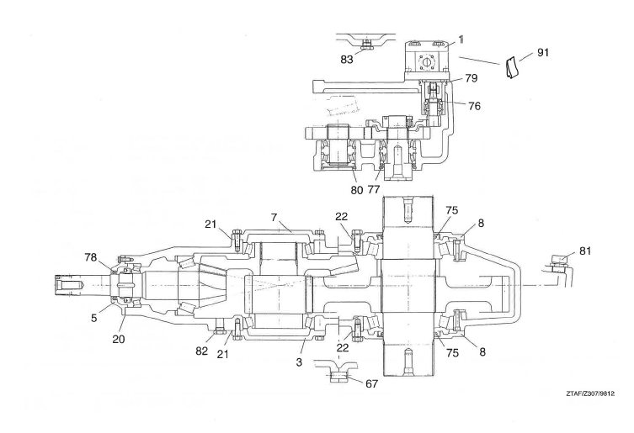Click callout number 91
(x=542, y=52)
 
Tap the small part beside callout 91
(x=512, y=67)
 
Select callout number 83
(x=347, y=60)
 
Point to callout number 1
(x=461, y=40)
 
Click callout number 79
(x=471, y=77)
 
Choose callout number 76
(x=474, y=106)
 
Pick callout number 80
(x=357, y=190)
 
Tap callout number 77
(x=374, y=189)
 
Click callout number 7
(x=274, y=217)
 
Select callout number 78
(x=91, y=257)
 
